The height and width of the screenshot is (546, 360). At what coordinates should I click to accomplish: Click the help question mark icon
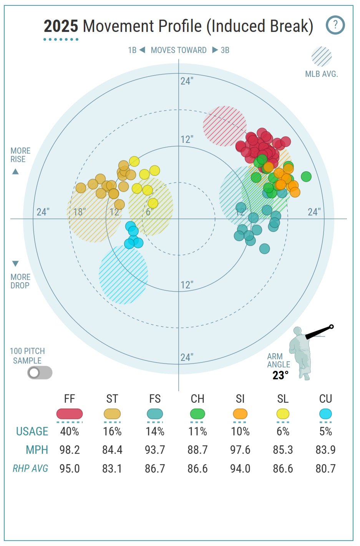335,25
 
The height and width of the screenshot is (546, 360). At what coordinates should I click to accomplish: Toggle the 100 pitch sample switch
40,372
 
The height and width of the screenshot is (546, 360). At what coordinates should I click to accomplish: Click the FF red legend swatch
70,414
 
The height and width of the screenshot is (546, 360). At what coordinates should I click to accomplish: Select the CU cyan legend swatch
325,414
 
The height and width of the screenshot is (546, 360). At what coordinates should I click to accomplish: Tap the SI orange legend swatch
240,414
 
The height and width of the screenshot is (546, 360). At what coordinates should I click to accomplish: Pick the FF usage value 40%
70,432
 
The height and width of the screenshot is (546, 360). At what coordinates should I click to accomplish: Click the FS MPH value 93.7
155,450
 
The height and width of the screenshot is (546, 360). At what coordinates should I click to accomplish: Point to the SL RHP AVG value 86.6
283,468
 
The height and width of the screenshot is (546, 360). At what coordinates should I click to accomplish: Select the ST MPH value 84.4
112,450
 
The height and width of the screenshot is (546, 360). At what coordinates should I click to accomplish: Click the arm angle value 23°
280,375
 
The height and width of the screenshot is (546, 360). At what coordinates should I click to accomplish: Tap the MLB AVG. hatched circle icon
322,57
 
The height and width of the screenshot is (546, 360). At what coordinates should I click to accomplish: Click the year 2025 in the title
61,26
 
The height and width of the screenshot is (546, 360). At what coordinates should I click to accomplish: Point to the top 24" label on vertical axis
187,81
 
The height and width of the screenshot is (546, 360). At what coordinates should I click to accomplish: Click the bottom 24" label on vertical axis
187,357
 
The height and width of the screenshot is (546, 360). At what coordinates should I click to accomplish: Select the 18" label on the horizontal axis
80,212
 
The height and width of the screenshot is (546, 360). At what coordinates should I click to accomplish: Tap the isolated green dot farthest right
306,177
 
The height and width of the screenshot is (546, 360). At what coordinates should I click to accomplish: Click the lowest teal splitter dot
264,249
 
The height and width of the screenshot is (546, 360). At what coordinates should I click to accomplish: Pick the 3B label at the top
225,50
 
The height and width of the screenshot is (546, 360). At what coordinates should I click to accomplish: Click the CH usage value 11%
197,432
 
